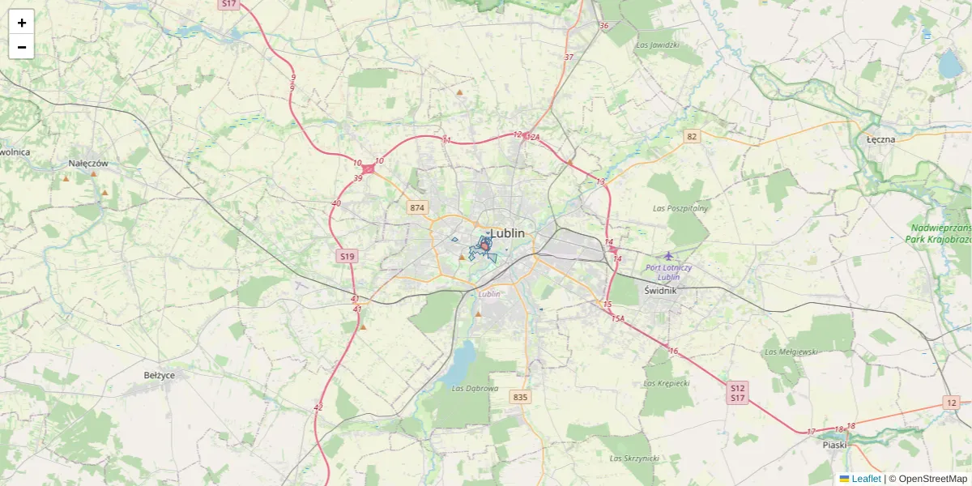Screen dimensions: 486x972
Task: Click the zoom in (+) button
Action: click(21, 23)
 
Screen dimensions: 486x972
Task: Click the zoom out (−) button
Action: click(21, 47)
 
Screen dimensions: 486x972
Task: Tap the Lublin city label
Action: click(508, 233)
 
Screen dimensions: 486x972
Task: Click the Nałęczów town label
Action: click(88, 163)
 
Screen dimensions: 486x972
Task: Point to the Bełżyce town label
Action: click(159, 375)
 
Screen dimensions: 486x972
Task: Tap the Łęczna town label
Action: click(880, 139)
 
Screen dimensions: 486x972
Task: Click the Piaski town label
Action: click(834, 444)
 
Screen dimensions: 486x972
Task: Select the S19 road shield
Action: click(347, 256)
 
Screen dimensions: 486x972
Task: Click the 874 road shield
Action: click(417, 208)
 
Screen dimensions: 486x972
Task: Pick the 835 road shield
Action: click(520, 397)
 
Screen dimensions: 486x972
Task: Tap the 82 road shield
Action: click(691, 136)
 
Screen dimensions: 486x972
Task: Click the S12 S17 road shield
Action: click(737, 392)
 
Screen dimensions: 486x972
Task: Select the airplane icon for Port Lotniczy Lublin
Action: click(668, 256)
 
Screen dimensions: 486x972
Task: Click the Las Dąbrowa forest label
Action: click(475, 388)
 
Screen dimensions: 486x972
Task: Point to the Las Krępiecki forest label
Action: click(666, 382)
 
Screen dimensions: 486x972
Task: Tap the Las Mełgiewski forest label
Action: click(791, 352)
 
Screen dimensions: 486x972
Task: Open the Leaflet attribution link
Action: click(866, 479)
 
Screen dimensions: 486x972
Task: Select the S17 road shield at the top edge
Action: click(229, 4)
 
